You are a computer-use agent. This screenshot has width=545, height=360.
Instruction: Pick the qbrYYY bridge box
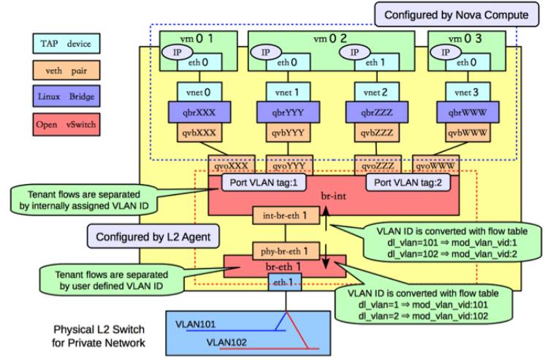coord(278,114)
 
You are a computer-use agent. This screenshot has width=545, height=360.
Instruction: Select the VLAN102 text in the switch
coord(229,340)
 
